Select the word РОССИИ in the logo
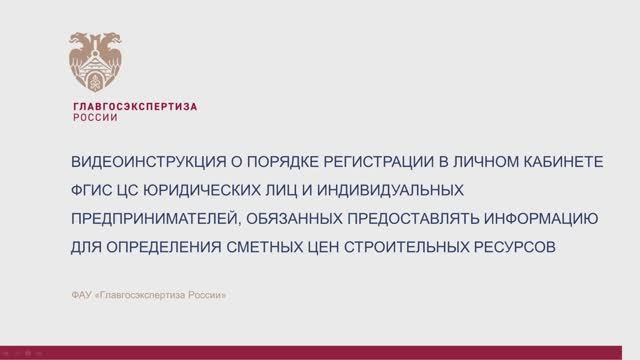[x=96, y=117]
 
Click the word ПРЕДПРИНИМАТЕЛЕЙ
[x=149, y=218]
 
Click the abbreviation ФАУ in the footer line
[x=83, y=294]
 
